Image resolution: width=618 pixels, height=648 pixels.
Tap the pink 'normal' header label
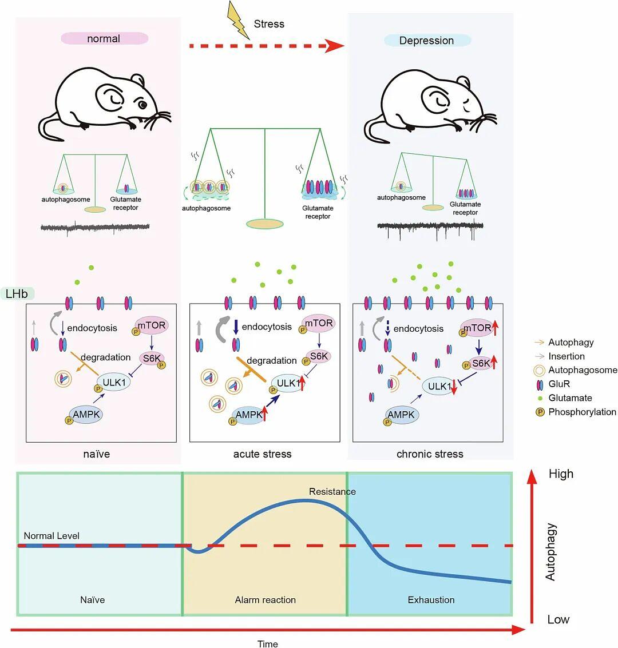pyautogui.click(x=104, y=39)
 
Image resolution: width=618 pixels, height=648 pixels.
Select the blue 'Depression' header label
pyautogui.click(x=427, y=41)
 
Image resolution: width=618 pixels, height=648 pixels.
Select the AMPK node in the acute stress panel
pyautogui.click(x=249, y=415)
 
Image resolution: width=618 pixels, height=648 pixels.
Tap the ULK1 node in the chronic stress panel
pyautogui.click(x=439, y=386)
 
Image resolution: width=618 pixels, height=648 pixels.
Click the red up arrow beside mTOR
pyautogui.click(x=496, y=328)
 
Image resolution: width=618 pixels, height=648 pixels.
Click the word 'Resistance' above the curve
pyautogui.click(x=332, y=491)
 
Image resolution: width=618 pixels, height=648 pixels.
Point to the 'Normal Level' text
pyautogui.click(x=51, y=536)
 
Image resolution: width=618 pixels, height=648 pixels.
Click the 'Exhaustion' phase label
pyautogui.click(x=431, y=600)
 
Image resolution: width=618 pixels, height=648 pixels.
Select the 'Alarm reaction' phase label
pyautogui.click(x=266, y=600)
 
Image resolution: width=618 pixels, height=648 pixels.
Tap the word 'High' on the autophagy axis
pyautogui.click(x=560, y=474)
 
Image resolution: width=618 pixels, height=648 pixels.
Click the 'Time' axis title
pyautogui.click(x=267, y=644)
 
